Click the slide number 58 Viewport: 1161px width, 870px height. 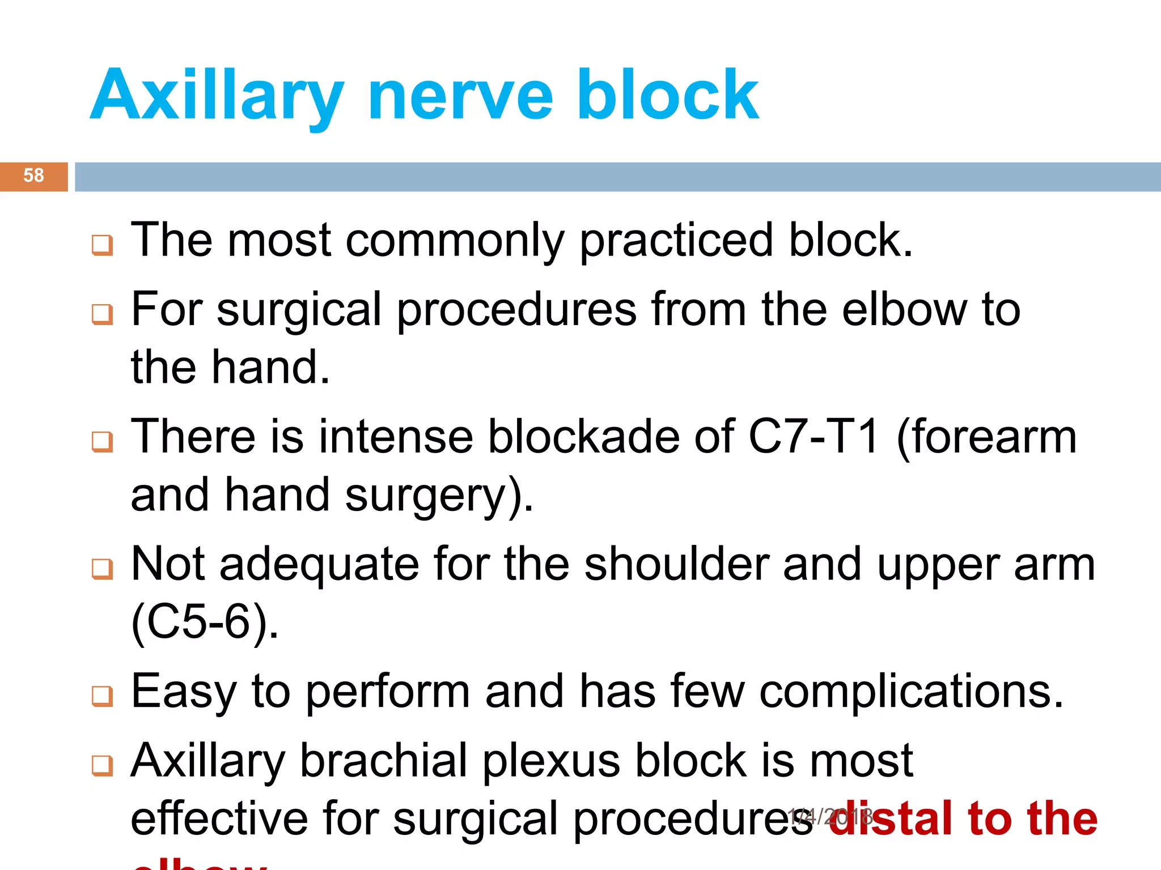click(33, 176)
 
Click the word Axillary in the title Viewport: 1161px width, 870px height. click(217, 96)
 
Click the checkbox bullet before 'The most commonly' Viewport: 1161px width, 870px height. click(103, 245)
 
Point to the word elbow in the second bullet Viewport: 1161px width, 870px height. click(905, 310)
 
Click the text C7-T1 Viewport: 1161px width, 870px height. click(813, 437)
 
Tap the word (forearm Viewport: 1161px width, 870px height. click(986, 437)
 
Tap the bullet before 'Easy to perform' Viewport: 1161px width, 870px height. click(103, 696)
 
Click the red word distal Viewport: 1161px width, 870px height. click(896, 819)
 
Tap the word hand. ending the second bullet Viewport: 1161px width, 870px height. click(270, 368)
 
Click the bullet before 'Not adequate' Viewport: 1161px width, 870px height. click(103, 569)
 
